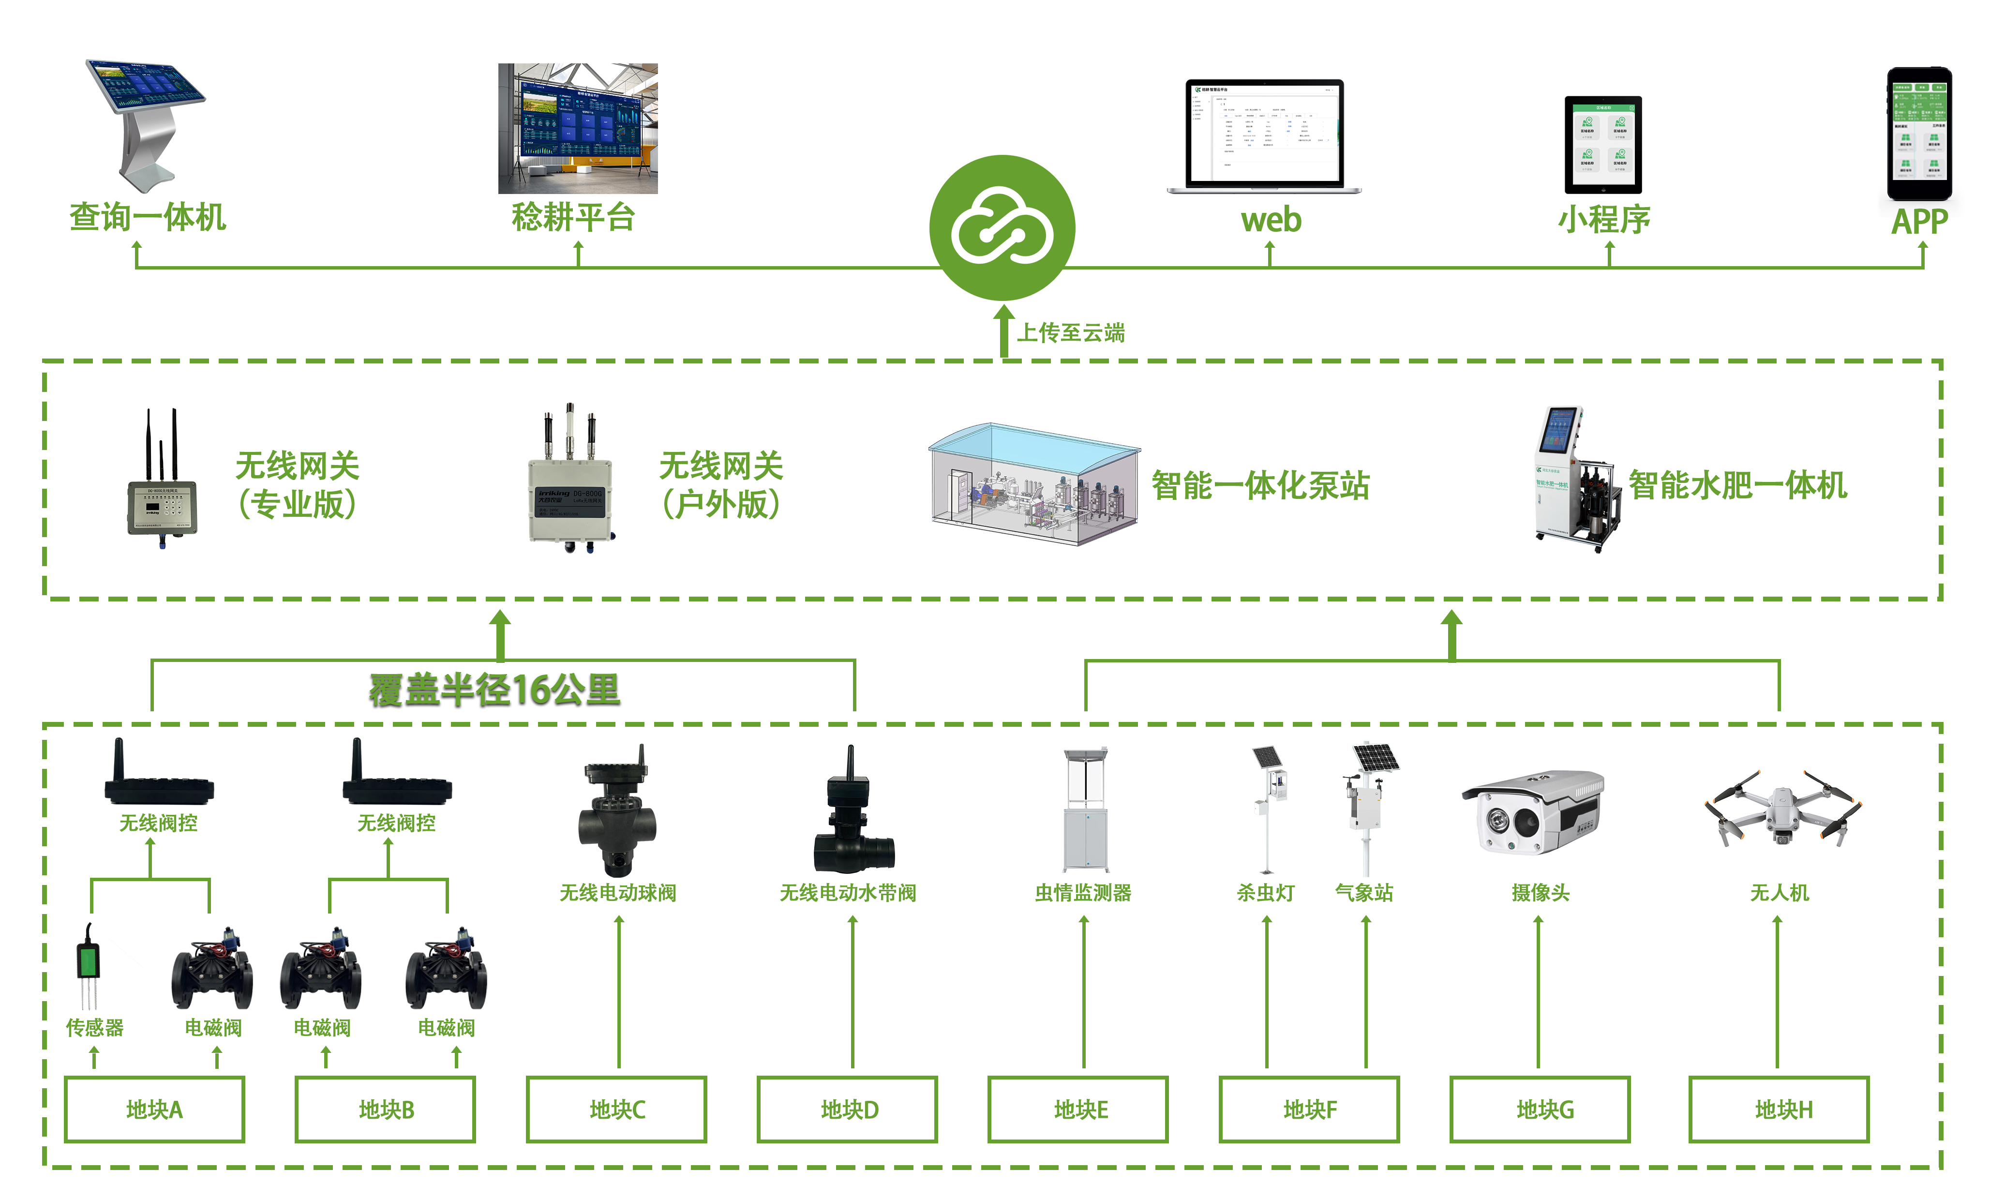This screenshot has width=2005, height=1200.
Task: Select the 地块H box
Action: pyautogui.click(x=1779, y=1110)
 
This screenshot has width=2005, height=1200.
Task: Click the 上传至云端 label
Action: pyautogui.click(x=1070, y=332)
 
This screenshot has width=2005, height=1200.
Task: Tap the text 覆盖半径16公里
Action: pyautogui.click(x=495, y=690)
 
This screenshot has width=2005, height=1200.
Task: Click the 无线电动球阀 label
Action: pyautogui.click(x=618, y=893)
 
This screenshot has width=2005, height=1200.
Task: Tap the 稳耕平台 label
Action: pyautogui.click(x=573, y=217)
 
